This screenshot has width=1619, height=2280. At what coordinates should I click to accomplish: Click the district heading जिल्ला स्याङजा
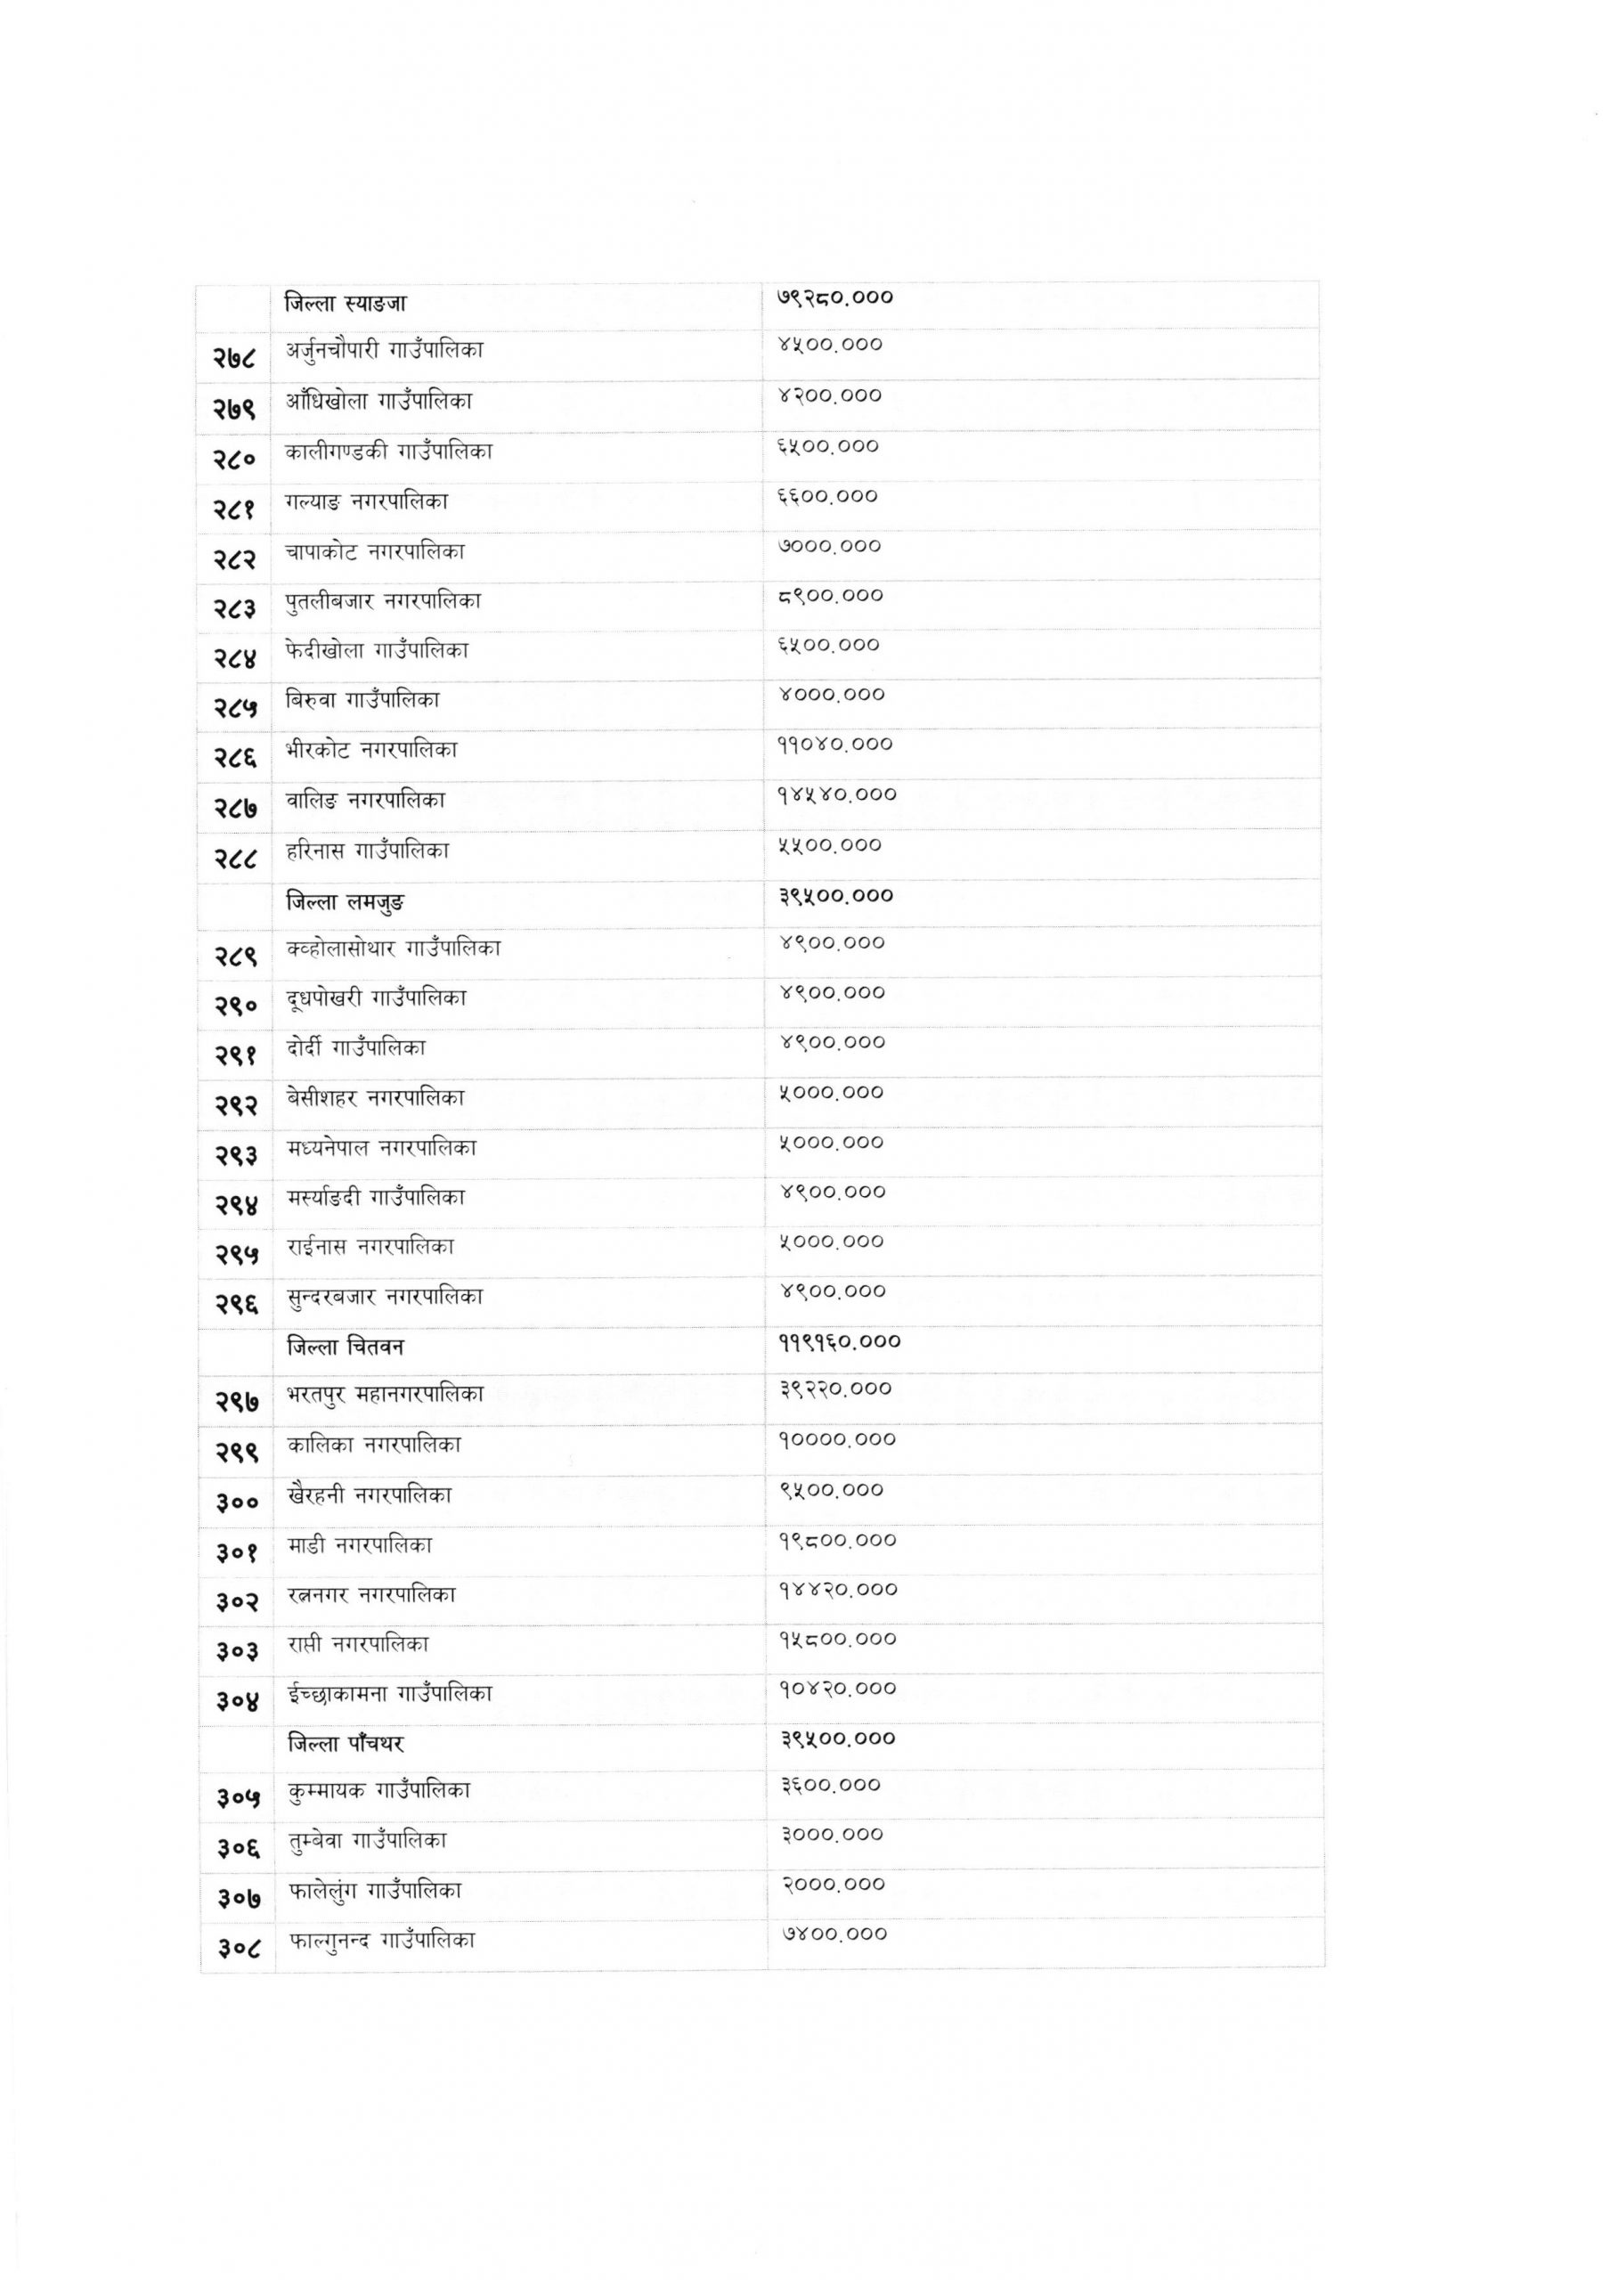click(x=345, y=303)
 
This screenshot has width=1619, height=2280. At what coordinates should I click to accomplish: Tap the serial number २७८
click(x=234, y=356)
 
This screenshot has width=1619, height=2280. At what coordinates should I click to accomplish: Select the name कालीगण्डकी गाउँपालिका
click(x=389, y=452)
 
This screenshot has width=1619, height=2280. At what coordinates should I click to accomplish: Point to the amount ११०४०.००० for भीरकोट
click(x=834, y=745)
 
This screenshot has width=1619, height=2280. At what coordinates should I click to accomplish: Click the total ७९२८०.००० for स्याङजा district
click(x=834, y=297)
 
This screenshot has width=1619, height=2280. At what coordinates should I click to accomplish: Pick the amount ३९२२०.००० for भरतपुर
click(x=835, y=1388)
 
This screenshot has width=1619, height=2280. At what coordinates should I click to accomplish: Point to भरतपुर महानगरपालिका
click(x=385, y=1394)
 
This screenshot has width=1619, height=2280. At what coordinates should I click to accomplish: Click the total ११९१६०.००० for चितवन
click(x=840, y=1342)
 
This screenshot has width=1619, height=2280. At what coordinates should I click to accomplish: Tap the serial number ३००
click(x=236, y=1502)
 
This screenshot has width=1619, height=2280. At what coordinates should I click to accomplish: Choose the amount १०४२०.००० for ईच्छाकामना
click(x=837, y=1688)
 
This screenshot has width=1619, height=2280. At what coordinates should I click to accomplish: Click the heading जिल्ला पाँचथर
click(x=345, y=1744)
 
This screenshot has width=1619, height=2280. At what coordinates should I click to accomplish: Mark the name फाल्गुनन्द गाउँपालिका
click(x=382, y=1940)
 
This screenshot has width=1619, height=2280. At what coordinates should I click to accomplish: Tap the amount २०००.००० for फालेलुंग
click(x=833, y=1885)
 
